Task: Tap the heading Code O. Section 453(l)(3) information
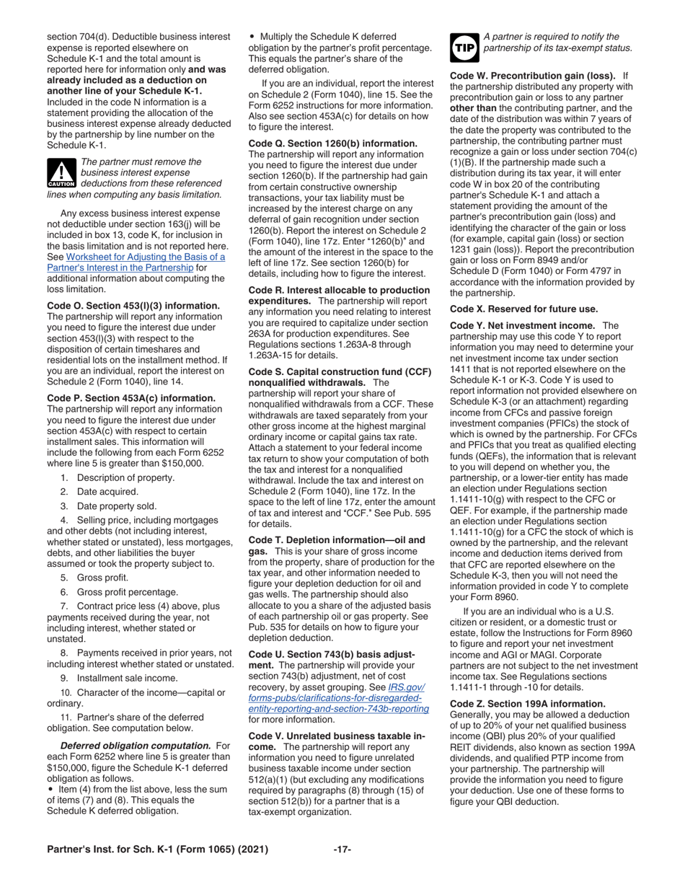[133, 306]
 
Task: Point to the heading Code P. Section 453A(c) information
[131, 398]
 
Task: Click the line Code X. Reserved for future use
[523, 309]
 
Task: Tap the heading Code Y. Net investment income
[523, 326]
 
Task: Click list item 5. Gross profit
[94, 577]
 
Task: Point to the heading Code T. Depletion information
[337, 541]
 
